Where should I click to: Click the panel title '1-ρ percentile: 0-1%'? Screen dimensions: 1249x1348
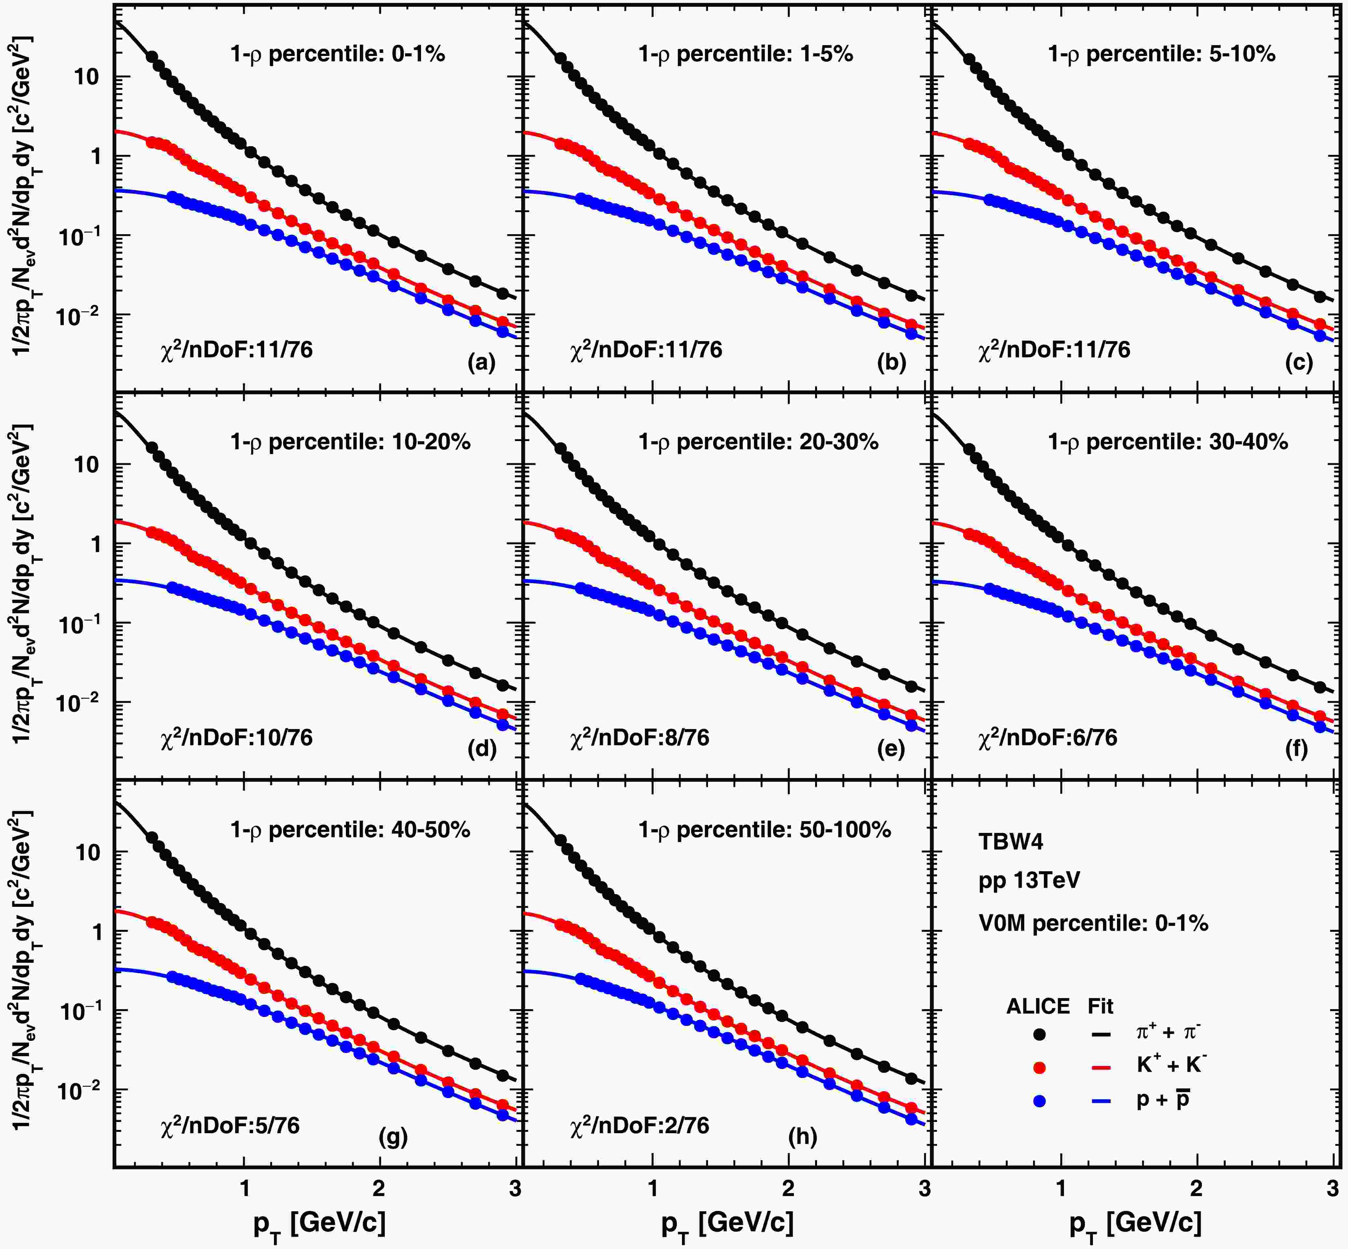[338, 53]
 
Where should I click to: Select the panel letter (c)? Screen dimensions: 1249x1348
[1299, 363]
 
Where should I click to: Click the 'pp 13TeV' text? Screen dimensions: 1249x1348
[1029, 880]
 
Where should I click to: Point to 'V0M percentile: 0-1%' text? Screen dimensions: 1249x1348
[1093, 923]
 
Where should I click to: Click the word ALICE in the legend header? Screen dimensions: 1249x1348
[1038, 1006]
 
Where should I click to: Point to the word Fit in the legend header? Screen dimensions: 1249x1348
[1100, 1006]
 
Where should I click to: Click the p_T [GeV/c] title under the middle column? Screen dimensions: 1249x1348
[727, 1222]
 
